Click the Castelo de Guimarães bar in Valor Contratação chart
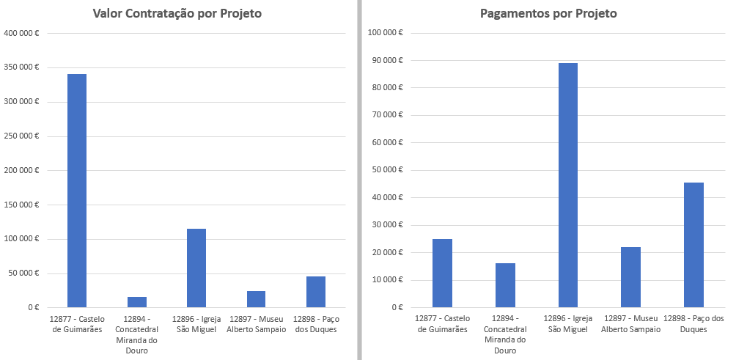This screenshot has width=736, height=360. click(77, 191)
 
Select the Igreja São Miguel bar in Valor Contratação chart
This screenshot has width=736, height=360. click(196, 268)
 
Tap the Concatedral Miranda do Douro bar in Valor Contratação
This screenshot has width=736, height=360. click(137, 302)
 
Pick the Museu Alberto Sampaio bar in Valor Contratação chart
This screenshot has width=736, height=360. click(257, 299)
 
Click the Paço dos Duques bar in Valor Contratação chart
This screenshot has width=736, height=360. click(316, 292)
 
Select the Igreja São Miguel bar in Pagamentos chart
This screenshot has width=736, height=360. click(568, 185)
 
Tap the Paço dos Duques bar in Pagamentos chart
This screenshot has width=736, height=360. click(693, 245)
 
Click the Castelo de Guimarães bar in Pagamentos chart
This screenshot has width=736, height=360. click(442, 273)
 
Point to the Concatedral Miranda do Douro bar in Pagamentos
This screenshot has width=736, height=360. click(505, 285)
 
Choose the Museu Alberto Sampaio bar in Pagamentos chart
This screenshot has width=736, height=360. click(630, 277)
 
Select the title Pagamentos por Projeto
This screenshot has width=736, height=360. click(548, 14)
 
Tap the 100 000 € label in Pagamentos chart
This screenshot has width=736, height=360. click(389, 33)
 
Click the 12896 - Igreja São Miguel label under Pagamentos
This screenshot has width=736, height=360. click(568, 324)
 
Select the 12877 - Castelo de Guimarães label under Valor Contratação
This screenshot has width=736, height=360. click(77, 324)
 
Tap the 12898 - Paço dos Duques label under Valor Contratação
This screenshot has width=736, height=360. click(316, 324)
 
